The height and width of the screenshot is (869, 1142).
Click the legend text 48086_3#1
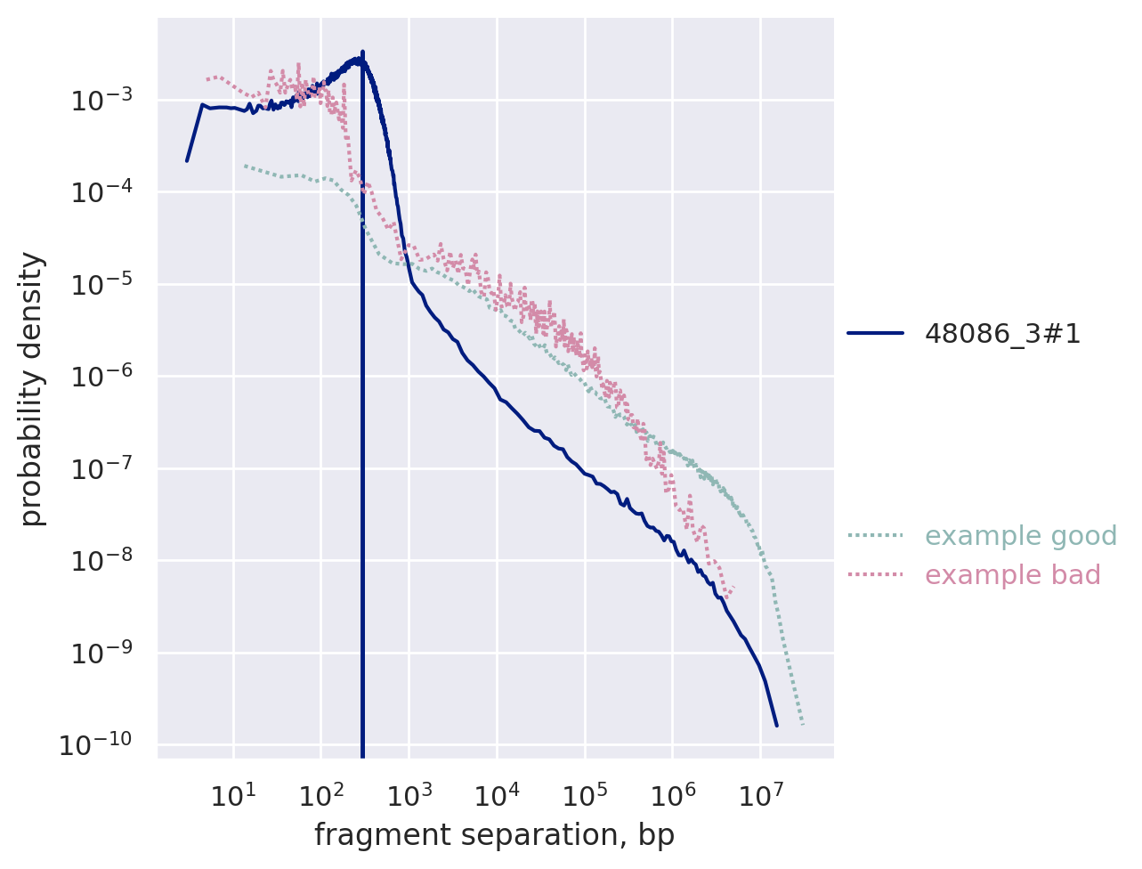pos(1003,334)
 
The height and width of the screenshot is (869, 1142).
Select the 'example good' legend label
pos(1021,536)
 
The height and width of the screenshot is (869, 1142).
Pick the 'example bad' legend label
pos(1013,575)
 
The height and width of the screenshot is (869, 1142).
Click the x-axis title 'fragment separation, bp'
pos(494,836)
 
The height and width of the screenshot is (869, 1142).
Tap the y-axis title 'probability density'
pos(32,389)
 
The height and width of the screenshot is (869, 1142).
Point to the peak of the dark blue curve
pos(362,53)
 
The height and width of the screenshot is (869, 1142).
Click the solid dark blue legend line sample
pos(876,334)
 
